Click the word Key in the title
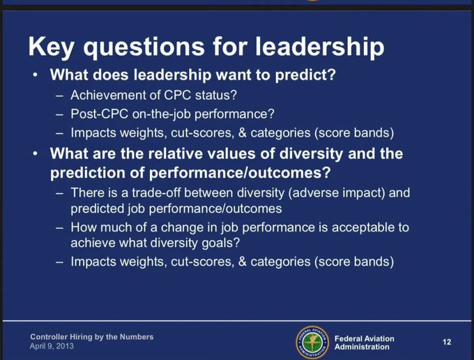tap(51, 47)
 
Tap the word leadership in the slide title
tap(320, 46)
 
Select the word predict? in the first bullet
tap(305, 75)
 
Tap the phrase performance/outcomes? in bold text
tap(239, 173)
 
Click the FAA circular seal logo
tap(312, 342)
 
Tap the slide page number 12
tap(447, 342)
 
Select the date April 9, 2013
tap(52, 346)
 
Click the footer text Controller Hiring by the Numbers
tap(92, 337)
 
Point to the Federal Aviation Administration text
tap(365, 343)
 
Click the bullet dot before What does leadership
tap(36, 75)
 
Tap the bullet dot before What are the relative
tap(36, 153)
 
